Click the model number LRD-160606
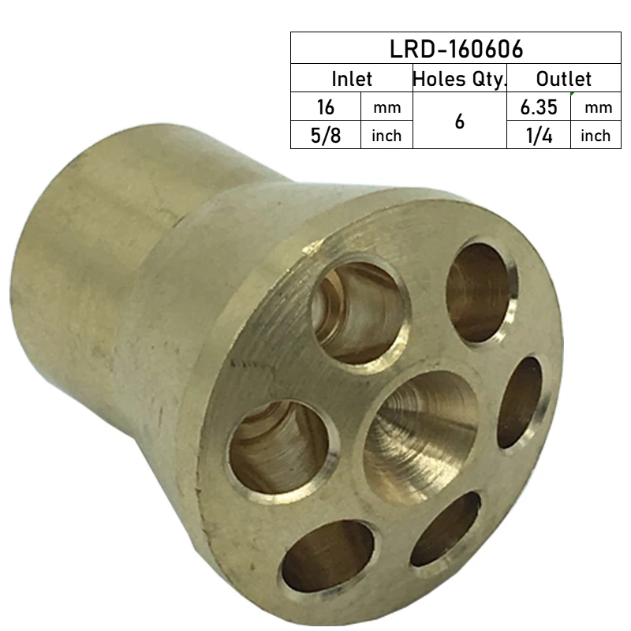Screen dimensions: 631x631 [456, 49]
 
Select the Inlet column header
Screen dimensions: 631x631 [351, 79]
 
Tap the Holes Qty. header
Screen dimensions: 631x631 [459, 79]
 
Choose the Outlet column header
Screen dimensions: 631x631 [563, 79]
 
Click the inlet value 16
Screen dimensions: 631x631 [326, 106]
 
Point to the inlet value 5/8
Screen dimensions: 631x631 [326, 135]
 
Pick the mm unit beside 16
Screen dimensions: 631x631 [386, 107]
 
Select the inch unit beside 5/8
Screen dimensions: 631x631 [386, 136]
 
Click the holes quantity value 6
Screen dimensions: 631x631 [459, 121]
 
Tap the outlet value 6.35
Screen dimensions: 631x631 [539, 106]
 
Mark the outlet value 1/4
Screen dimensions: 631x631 [539, 135]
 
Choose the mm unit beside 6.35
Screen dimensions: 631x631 [596, 107]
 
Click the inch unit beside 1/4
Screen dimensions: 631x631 [596, 136]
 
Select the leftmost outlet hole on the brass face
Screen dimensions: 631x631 [278, 446]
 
